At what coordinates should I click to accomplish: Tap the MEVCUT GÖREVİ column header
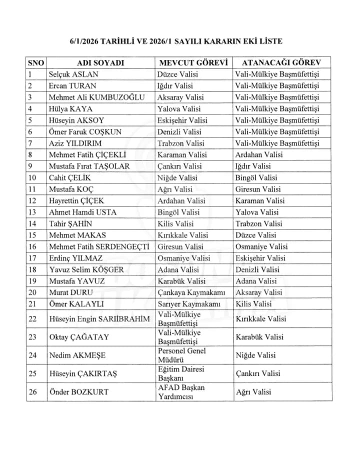193,63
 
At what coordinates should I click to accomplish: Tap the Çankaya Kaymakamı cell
191,292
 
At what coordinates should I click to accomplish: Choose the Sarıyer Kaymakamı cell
189,304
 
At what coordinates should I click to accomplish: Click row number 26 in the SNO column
33,392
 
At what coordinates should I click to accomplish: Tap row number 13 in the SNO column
33,212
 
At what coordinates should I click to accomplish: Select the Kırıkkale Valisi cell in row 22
261,319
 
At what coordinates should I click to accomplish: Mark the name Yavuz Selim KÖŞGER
86,269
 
